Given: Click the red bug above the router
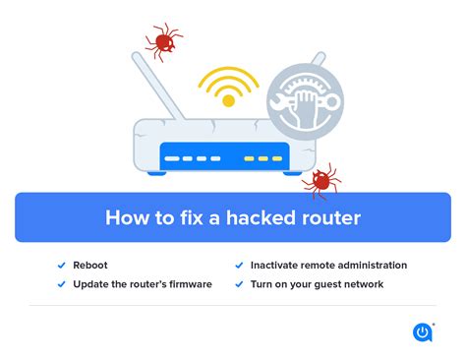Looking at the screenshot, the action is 162,40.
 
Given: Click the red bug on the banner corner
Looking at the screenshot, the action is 319,181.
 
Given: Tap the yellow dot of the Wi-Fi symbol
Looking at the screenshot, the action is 229,100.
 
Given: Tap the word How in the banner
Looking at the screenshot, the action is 127,217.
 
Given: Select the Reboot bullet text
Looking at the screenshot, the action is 90,266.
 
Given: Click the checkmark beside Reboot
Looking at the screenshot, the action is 62,266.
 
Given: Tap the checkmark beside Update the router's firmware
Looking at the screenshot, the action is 62,284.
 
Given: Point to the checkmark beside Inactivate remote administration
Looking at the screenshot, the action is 239,266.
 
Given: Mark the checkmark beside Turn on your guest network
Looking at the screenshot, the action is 239,284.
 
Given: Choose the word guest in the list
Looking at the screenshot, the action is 330,284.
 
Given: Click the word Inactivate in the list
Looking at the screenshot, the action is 278,266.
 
